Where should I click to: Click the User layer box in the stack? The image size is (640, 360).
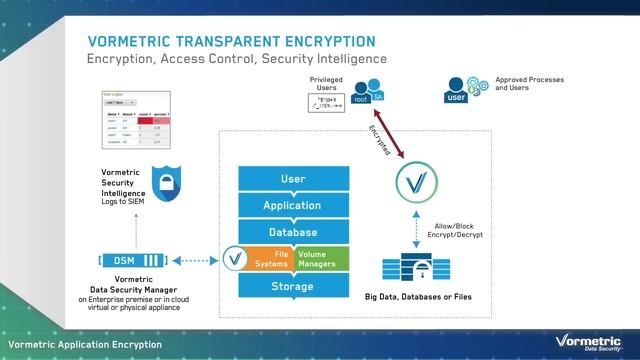pos(293,178)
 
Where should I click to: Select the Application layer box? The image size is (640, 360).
pos(293,205)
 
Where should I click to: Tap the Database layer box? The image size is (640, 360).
pos(293,232)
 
